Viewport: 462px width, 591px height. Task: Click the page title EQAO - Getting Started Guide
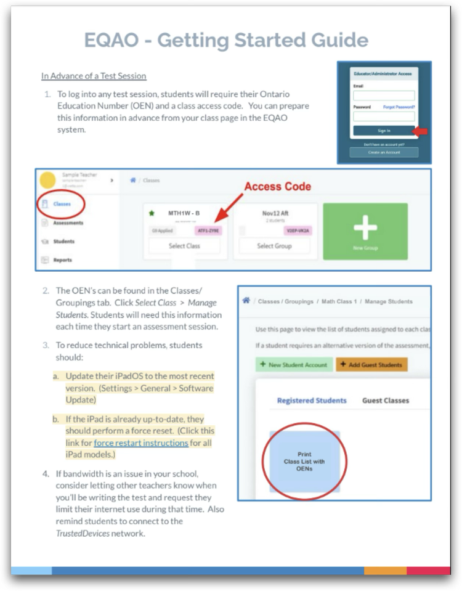point(225,41)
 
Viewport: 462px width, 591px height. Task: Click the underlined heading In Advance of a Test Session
point(94,76)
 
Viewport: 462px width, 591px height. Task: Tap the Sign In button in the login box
point(383,131)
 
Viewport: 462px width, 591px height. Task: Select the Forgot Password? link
point(399,107)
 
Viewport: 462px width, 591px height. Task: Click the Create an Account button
point(383,152)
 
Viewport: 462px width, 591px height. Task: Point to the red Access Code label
point(278,186)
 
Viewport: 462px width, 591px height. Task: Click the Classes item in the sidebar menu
point(62,204)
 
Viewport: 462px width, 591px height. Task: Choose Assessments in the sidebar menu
point(68,222)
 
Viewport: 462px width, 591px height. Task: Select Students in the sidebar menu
point(63,242)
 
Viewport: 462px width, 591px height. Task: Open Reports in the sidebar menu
point(62,260)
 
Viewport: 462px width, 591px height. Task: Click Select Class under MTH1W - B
point(185,246)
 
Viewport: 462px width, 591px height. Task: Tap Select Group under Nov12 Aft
point(274,246)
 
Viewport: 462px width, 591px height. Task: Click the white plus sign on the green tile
point(365,230)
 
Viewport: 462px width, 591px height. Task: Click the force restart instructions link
point(141,442)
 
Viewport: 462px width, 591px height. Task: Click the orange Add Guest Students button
point(371,365)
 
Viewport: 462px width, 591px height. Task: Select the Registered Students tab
point(312,401)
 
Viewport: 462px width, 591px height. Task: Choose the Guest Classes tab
point(386,401)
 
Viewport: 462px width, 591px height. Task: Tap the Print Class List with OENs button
point(304,461)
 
